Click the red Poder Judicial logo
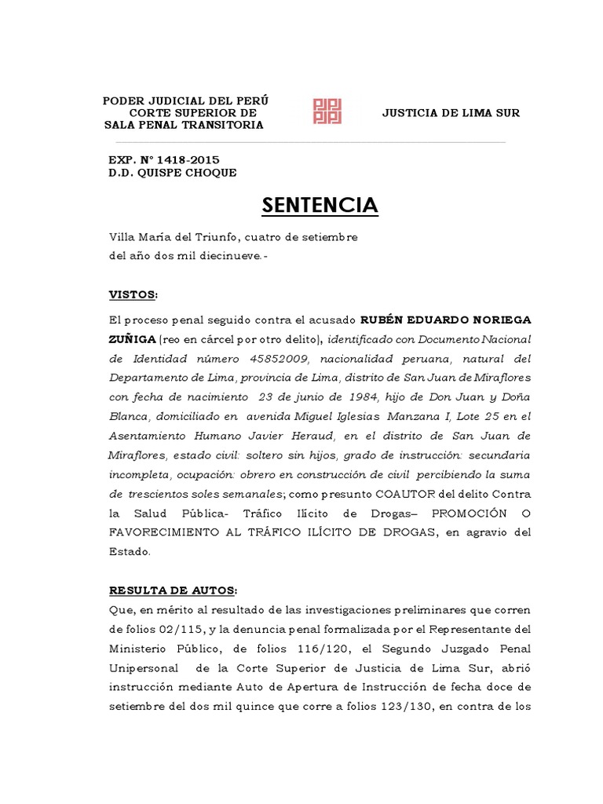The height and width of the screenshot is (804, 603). pos(327,111)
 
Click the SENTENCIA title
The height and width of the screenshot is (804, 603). pos(319,206)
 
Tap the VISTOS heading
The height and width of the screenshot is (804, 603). pos(132,294)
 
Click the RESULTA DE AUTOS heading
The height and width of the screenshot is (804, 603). pos(171,590)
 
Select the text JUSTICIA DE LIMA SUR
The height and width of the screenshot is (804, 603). pos(451,113)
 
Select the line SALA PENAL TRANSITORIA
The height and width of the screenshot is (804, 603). pos(185,126)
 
